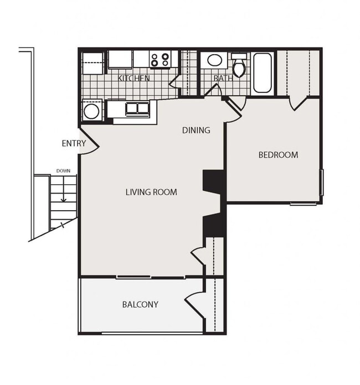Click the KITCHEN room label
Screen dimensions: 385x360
tap(134, 79)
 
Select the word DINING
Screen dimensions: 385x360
tap(197, 131)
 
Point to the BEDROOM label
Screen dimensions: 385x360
tap(278, 155)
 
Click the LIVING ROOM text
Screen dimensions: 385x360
tap(151, 192)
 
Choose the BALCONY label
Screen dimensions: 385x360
tap(140, 304)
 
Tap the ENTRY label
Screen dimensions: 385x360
tap(74, 144)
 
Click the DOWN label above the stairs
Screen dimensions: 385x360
tap(63, 171)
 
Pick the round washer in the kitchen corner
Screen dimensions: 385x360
tap(91, 111)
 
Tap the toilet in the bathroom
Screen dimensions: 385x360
tap(239, 67)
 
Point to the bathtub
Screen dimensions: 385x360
tap(262, 73)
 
